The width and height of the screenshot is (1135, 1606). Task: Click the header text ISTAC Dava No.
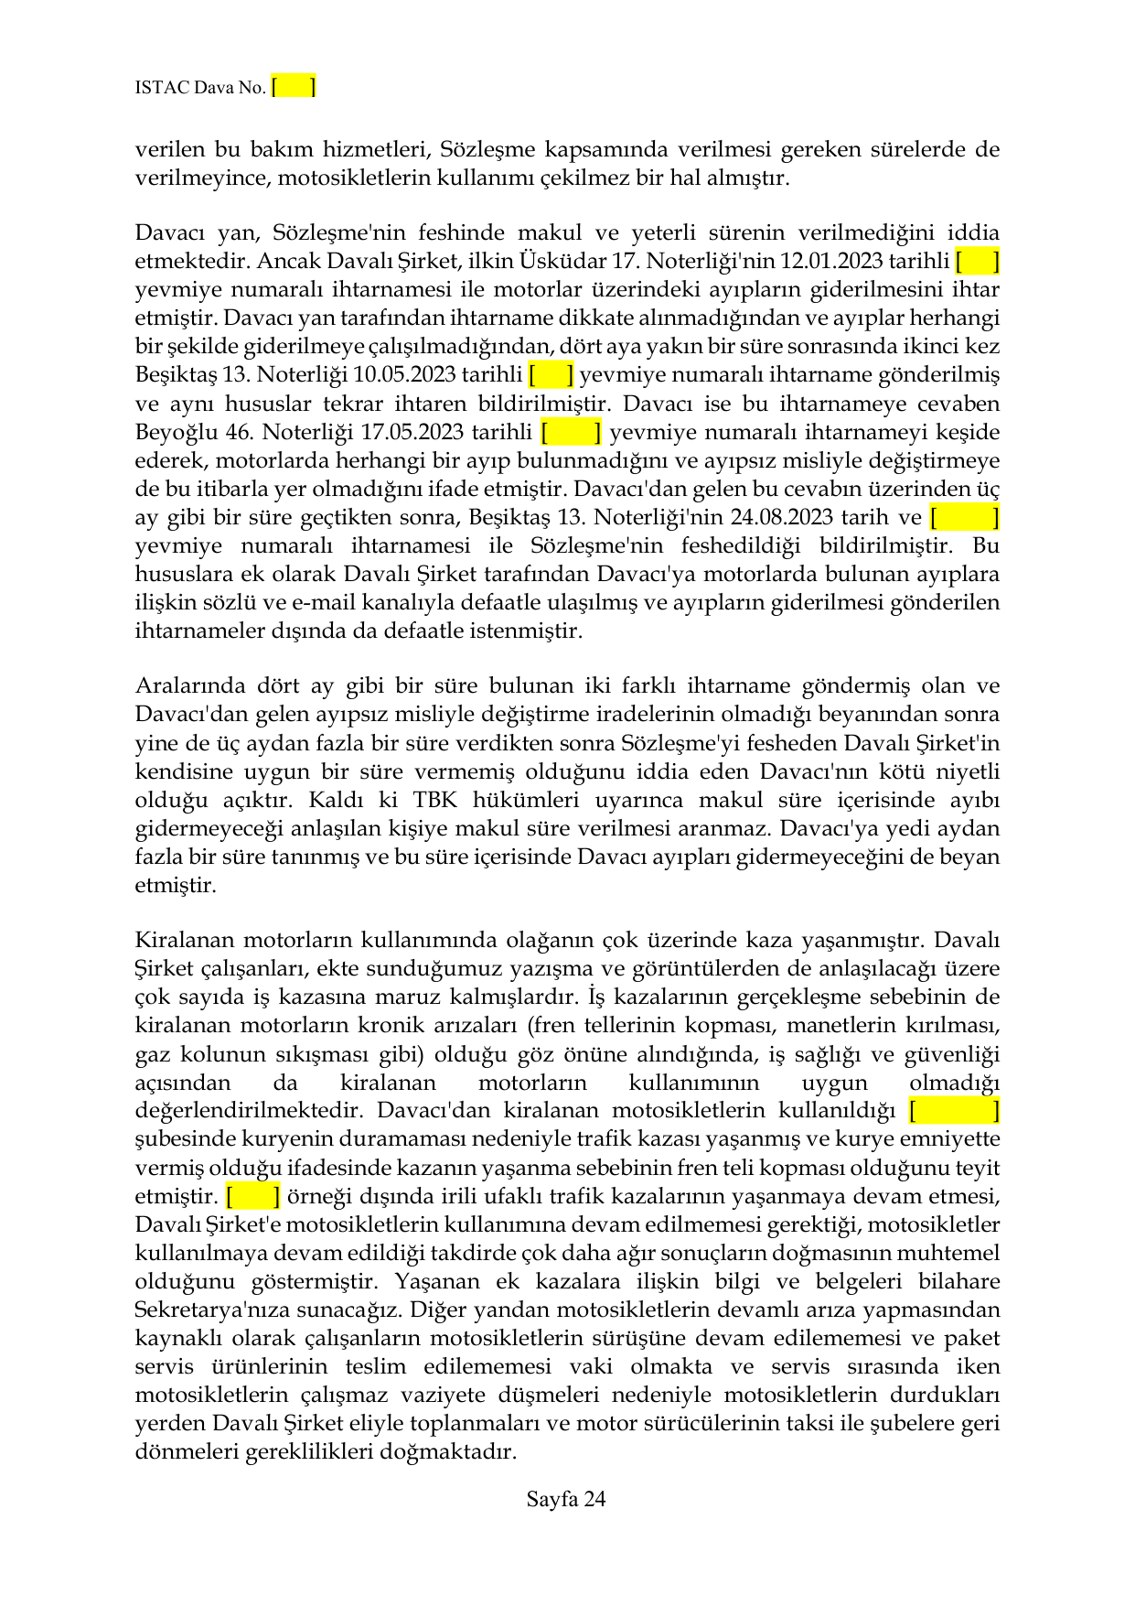tap(199, 88)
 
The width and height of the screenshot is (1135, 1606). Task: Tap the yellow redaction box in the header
tap(294, 87)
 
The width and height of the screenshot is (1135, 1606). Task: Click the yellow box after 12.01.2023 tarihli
tap(977, 262)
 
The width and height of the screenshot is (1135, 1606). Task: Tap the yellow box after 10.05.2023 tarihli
tap(551, 375)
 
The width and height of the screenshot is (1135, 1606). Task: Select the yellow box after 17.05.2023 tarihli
tap(572, 432)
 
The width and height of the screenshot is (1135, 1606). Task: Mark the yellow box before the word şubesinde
tap(954, 1111)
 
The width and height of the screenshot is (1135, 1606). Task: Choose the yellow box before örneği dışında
tap(253, 1196)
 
